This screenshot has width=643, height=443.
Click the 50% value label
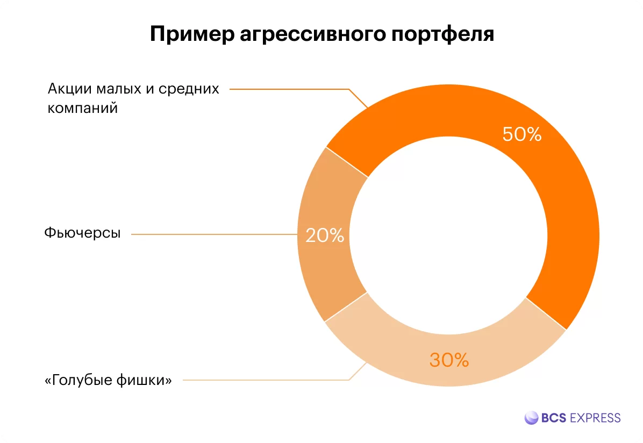point(521,134)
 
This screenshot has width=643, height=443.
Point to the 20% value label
point(325,235)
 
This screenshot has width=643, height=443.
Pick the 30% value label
point(449,360)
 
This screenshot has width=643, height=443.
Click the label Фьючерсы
point(82,234)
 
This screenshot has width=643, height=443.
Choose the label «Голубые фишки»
point(108,381)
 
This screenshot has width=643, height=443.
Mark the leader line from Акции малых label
point(290,89)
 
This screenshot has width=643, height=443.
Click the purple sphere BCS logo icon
point(531,418)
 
